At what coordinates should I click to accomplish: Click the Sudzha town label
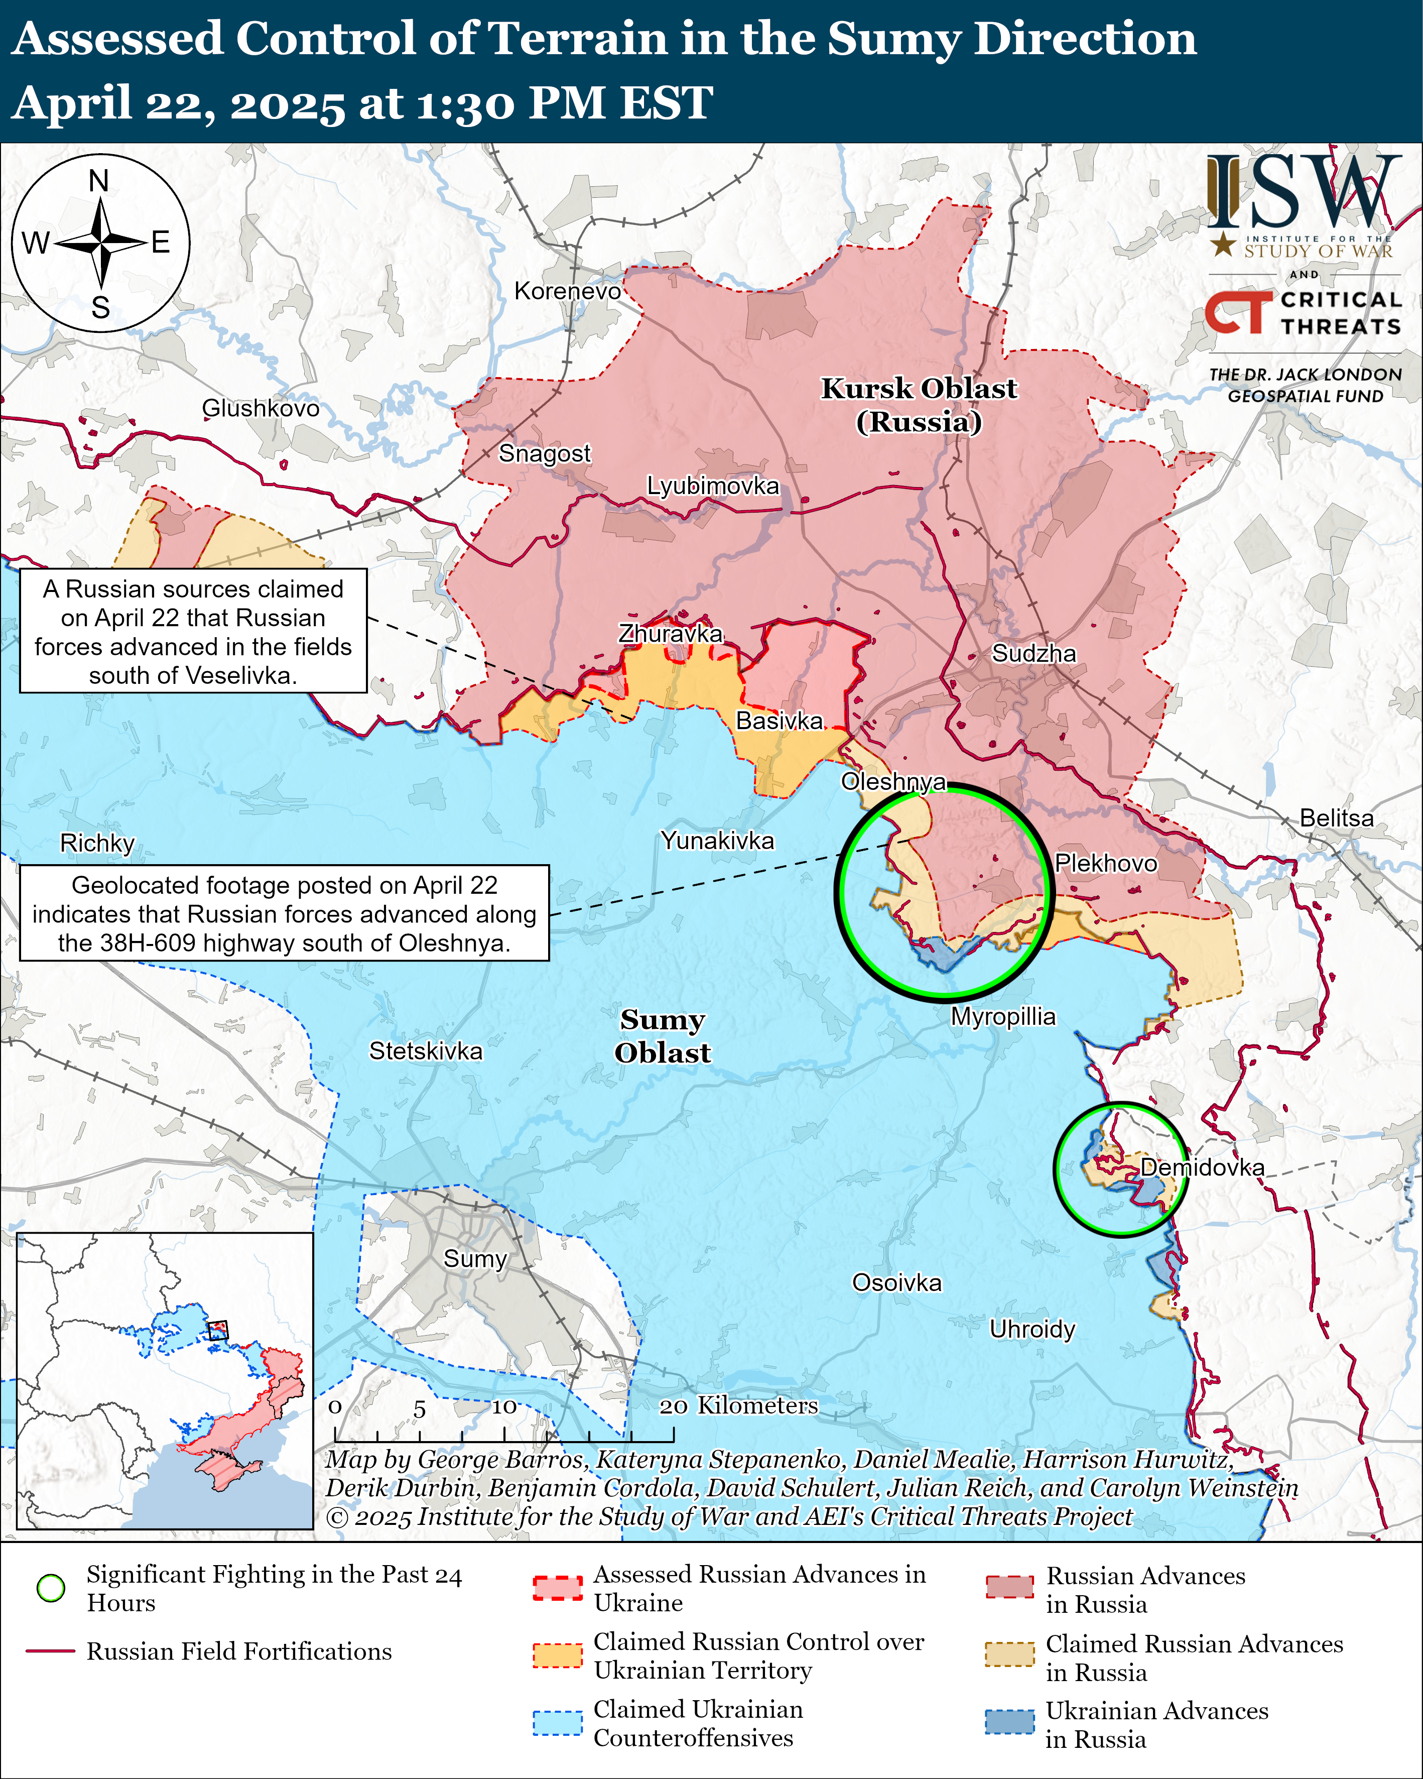click(x=1033, y=654)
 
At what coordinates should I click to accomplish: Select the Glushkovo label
click(x=261, y=408)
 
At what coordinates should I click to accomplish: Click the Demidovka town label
click(x=1202, y=1167)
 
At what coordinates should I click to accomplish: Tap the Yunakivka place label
click(x=717, y=841)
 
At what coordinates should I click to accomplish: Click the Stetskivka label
click(x=425, y=1051)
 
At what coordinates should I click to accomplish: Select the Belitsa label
click(x=1336, y=818)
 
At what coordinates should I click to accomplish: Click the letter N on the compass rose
click(x=99, y=181)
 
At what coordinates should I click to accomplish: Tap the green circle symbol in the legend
click(x=51, y=1588)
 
